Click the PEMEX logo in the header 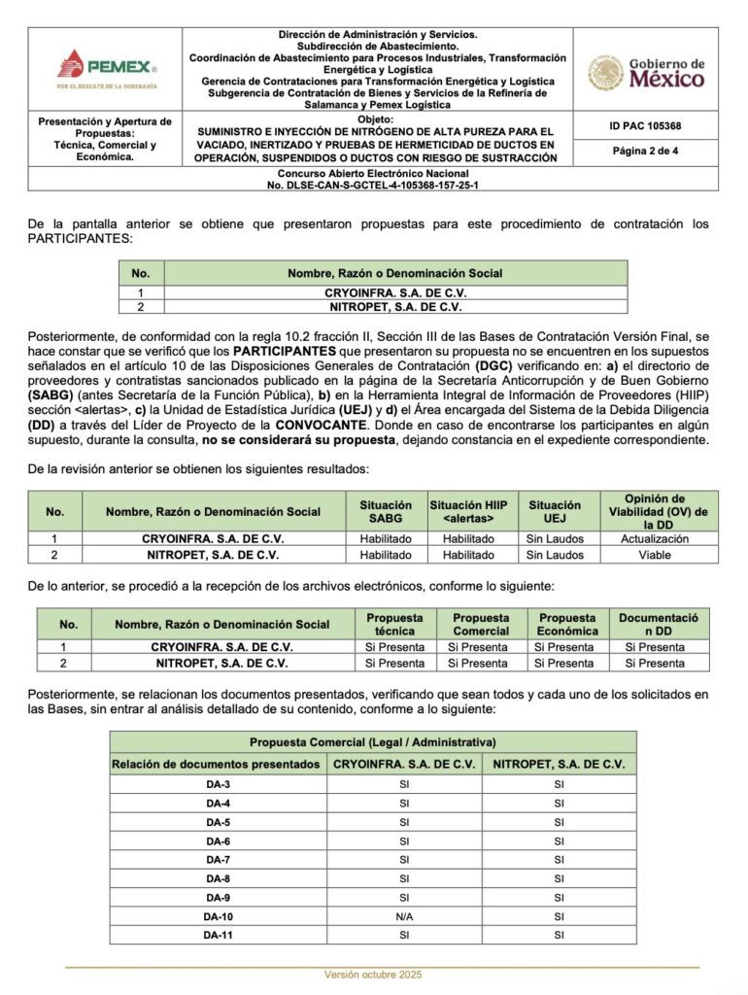click(x=107, y=69)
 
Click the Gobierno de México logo click(x=646, y=72)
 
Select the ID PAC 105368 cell click(x=646, y=126)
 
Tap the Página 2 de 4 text click(x=646, y=151)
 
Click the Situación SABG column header click(x=386, y=511)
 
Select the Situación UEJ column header click(x=555, y=511)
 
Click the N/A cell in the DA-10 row click(x=405, y=916)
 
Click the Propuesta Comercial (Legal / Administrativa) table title click(x=373, y=741)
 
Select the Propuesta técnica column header click(x=394, y=624)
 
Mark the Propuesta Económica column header click(x=567, y=624)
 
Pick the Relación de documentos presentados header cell click(x=216, y=765)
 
